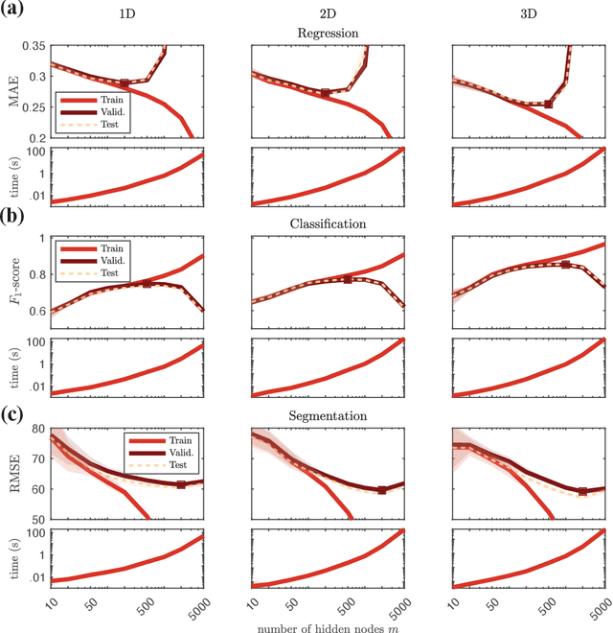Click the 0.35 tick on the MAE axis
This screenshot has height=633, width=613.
click(33, 46)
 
